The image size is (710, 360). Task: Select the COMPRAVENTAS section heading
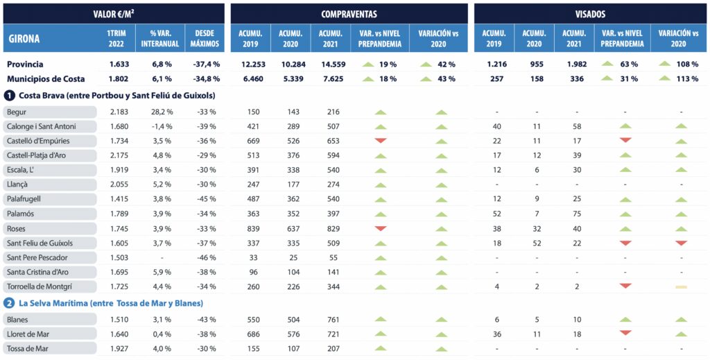click(349, 13)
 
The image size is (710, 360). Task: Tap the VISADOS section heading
click(590, 13)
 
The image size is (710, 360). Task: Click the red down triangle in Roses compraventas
click(380, 228)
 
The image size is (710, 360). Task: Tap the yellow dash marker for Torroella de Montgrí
click(681, 286)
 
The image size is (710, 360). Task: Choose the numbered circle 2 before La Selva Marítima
click(10, 303)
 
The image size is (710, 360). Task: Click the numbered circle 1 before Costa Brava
click(10, 95)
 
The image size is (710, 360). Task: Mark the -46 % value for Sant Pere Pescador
click(207, 257)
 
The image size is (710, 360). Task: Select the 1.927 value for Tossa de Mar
click(119, 348)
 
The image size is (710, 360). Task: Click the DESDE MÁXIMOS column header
click(205, 38)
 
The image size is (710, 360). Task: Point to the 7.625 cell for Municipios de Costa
click(331, 78)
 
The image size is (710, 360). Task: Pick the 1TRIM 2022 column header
click(116, 38)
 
